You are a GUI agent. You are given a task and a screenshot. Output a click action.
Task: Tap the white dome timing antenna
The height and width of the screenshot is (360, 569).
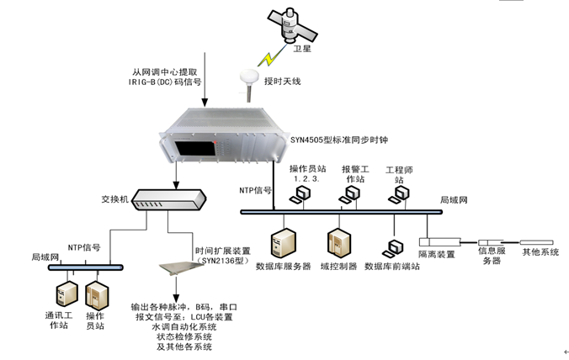pyautogui.click(x=249, y=77)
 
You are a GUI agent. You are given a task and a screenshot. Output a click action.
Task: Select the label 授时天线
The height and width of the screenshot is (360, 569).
pyautogui.click(x=282, y=82)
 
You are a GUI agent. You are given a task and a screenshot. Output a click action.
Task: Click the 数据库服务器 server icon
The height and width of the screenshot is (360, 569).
pyautogui.click(x=282, y=245)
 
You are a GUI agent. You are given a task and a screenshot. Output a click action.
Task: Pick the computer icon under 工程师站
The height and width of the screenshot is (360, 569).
pyautogui.click(x=399, y=193)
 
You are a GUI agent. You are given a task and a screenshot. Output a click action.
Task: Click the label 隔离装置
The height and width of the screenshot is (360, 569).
pyautogui.click(x=436, y=253)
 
